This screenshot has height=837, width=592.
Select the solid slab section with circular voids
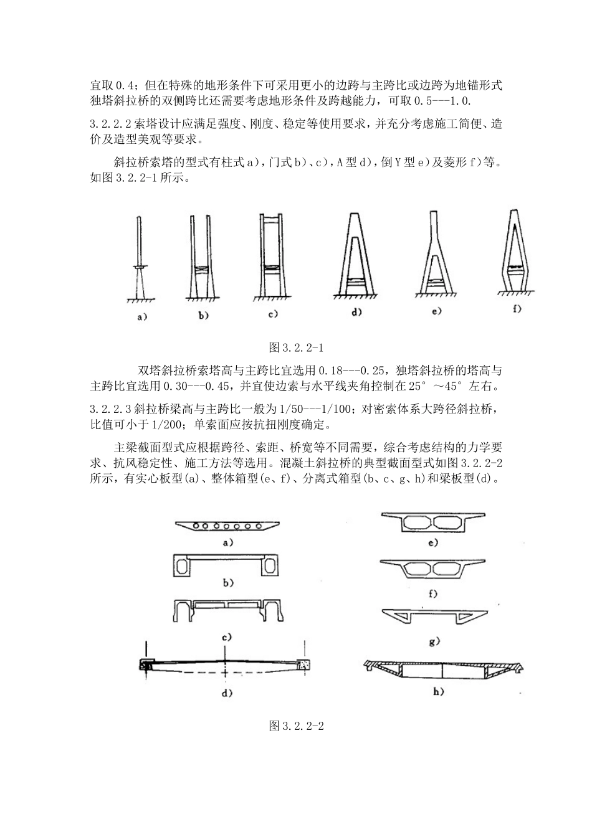pos(227,526)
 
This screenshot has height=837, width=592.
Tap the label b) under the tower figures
pos(204,316)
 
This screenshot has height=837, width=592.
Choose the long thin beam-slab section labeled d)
pos(224,666)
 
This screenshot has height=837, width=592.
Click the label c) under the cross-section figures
pos(227,636)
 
